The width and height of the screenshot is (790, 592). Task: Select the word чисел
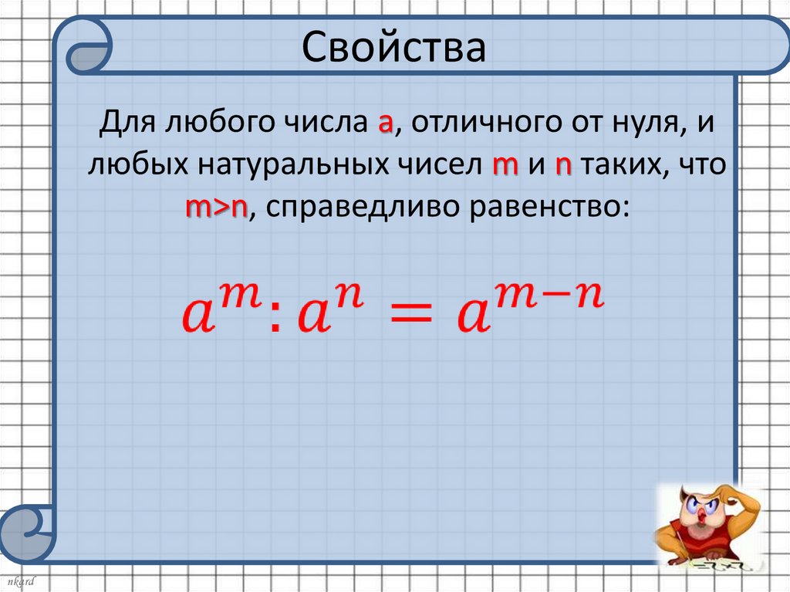point(438,167)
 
